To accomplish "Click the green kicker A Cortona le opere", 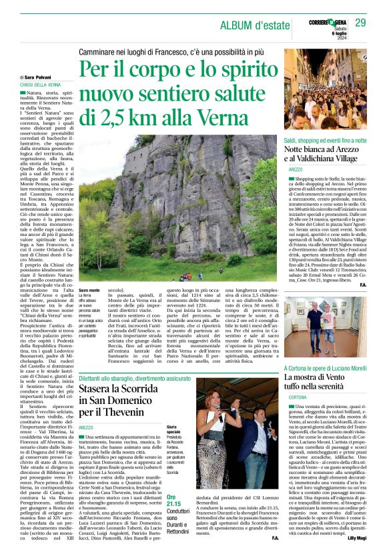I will tap(324, 367).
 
